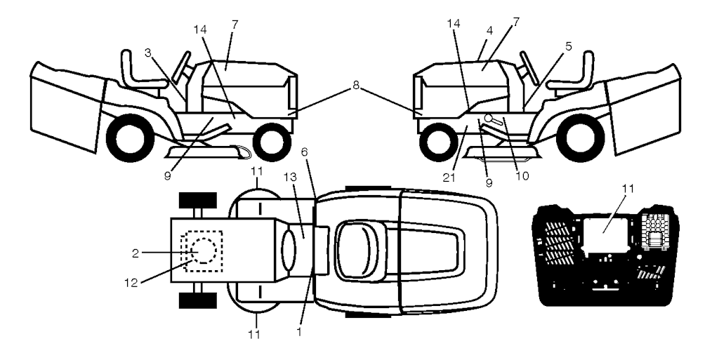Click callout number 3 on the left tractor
[x=149, y=52]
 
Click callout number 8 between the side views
[x=357, y=84]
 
